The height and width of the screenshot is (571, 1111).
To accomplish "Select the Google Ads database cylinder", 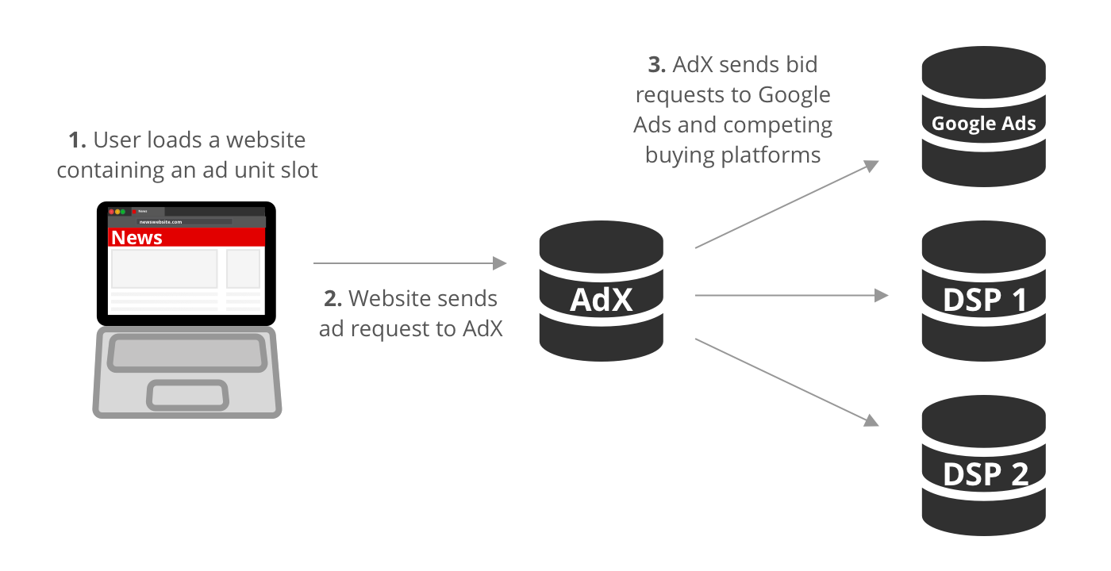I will tap(983, 118).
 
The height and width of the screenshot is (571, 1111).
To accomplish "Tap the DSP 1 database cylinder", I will tap(983, 294).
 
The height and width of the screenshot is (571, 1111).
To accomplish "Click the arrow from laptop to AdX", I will tap(409, 263).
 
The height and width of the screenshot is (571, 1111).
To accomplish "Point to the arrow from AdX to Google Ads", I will tap(786, 205).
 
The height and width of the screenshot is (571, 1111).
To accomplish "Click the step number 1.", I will tap(77, 140).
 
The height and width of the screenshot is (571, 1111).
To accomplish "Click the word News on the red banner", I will tap(136, 238).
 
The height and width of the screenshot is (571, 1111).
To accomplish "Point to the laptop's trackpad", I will tap(188, 394).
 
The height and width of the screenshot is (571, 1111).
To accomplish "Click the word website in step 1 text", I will tap(266, 140).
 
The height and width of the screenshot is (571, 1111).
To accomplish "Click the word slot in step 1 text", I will tap(301, 171).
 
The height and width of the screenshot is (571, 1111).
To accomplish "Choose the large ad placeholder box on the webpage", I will tap(164, 269).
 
